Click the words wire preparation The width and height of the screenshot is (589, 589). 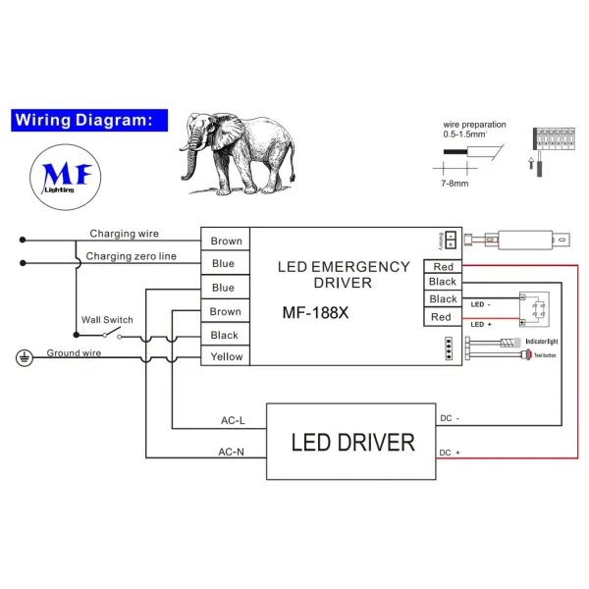[473, 125]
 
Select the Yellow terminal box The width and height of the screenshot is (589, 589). [226, 357]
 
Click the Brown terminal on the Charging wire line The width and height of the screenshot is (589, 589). [226, 241]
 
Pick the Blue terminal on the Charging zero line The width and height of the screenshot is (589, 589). [224, 263]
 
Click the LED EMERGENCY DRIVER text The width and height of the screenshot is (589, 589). [343, 274]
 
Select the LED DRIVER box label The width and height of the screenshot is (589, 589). [352, 442]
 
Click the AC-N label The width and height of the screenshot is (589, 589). [232, 453]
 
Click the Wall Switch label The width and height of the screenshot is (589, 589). [107, 320]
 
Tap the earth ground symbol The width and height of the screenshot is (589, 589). [22, 359]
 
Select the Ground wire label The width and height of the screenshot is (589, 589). [74, 352]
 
